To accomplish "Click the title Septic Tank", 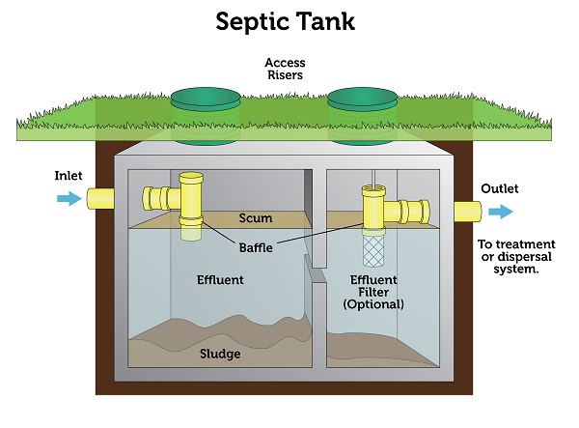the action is (285, 22).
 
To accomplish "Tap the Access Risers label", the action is (285, 69).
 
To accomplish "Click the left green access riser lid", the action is (206, 99).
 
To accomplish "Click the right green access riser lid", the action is (363, 99).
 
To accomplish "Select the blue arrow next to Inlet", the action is (69, 199).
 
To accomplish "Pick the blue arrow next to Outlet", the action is (500, 212).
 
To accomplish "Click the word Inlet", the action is (69, 176).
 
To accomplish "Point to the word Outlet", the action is (500, 188).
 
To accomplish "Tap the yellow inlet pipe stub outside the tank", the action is (100, 199).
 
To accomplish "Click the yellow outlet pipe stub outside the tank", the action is (467, 212).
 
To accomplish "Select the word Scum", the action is (256, 218).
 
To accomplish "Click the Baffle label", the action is (256, 247).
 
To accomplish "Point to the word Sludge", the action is (220, 354).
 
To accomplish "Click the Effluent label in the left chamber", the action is (220, 280).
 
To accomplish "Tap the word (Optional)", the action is (373, 304).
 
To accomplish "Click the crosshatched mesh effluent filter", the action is (373, 250).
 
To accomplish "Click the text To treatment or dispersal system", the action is (516, 256).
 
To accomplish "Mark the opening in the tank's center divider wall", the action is (317, 275).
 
